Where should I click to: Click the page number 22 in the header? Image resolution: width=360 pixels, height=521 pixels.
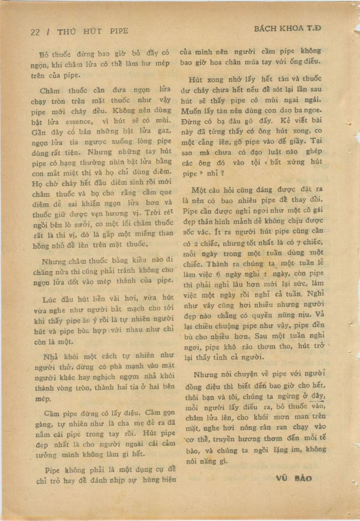[x=35, y=32]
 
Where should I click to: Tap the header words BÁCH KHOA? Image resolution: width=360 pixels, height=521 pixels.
[x=278, y=29]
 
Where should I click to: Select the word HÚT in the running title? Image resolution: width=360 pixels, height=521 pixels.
[x=92, y=31]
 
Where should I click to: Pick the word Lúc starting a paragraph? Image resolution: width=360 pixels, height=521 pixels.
[x=49, y=300]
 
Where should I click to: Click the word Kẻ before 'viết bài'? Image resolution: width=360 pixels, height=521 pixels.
[x=286, y=121]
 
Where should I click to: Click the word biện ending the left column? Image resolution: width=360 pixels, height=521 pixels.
[x=167, y=479]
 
